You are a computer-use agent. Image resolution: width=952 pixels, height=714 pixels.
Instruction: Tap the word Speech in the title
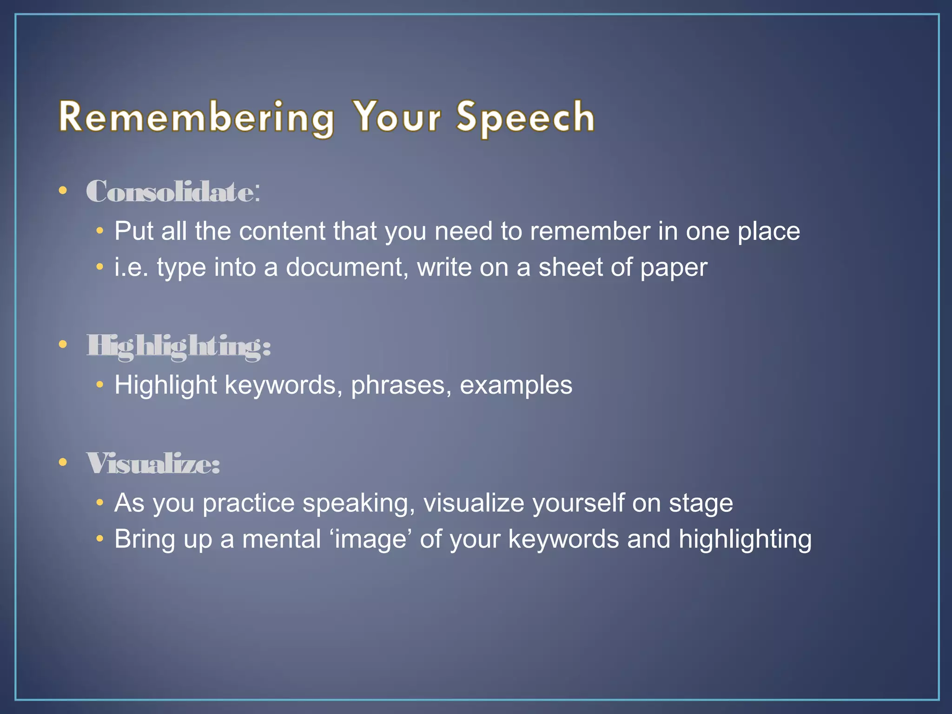525,117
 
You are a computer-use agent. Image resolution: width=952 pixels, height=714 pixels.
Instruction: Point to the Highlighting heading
178,346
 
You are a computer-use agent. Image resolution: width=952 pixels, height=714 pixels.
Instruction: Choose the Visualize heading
153,463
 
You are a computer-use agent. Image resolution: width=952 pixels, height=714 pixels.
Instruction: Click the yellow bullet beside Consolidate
63,190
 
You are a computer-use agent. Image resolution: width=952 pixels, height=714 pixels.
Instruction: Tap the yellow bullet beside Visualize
63,462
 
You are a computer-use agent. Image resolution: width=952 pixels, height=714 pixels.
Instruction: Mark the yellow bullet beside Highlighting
63,344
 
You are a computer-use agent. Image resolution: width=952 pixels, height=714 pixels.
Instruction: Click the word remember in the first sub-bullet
590,231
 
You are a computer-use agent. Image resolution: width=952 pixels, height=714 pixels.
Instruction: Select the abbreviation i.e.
132,268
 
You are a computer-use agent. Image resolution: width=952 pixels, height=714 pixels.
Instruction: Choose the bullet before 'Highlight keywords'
99,385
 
